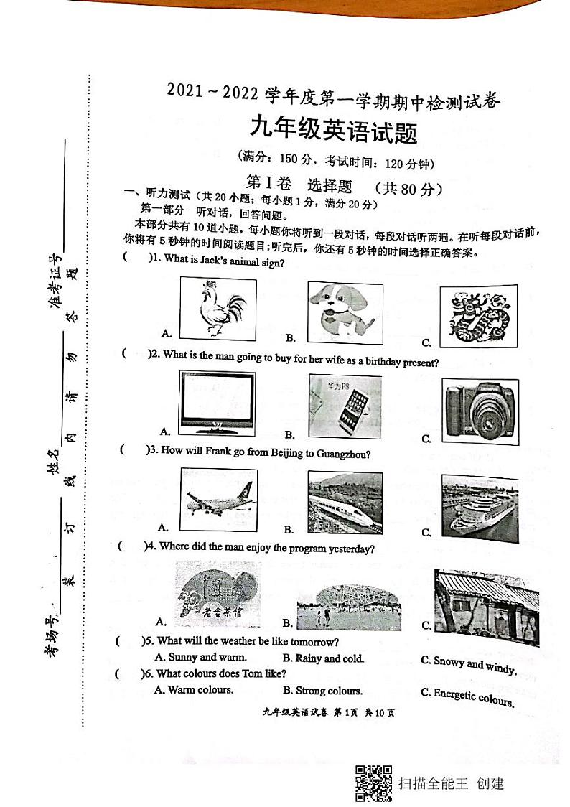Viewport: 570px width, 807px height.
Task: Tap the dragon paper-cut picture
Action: pyautogui.click(x=478, y=314)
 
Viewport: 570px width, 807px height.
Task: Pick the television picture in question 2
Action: pyautogui.click(x=216, y=401)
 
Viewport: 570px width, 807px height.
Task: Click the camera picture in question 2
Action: pyautogui.click(x=479, y=410)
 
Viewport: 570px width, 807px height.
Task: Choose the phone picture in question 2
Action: pyautogui.click(x=345, y=406)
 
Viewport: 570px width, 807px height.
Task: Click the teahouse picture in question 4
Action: pyautogui.click(x=216, y=594)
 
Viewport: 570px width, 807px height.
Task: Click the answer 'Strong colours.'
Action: pyautogui.click(x=323, y=691)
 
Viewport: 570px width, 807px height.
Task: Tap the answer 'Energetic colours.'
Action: pyautogui.click(x=468, y=697)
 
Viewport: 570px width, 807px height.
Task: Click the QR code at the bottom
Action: pyautogui.click(x=373, y=783)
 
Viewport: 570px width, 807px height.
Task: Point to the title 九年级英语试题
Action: pyautogui.click(x=332, y=131)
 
